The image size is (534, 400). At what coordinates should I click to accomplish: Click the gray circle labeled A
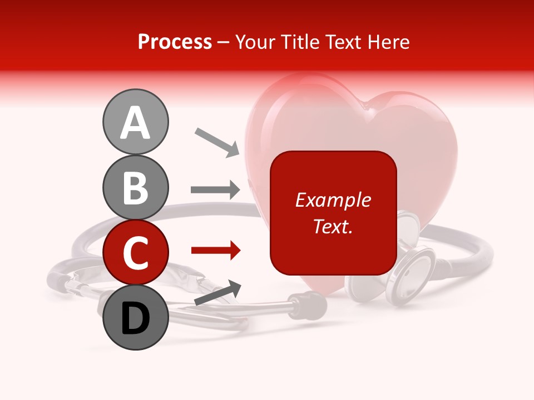[135, 122]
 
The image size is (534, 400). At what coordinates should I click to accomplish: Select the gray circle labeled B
[135, 187]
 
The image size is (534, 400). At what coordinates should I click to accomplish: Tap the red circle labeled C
[135, 252]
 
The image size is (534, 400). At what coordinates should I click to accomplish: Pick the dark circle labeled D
[135, 317]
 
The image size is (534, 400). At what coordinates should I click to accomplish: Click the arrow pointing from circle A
[217, 142]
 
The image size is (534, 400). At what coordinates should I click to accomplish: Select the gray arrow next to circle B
[215, 189]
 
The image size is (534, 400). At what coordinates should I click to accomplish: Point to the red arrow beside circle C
[215, 251]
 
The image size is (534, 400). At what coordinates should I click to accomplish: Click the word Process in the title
[175, 42]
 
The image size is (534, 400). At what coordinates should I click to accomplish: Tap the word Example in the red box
[333, 200]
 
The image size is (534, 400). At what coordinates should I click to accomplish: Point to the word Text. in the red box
[333, 226]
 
